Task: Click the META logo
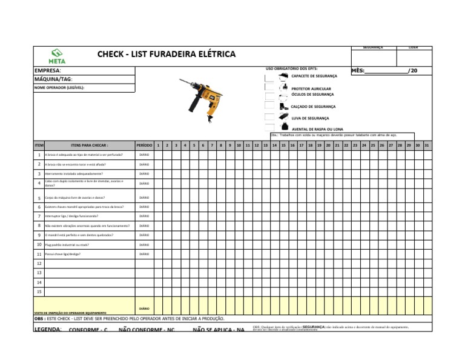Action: coord(58,56)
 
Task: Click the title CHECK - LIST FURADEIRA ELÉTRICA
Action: coord(167,54)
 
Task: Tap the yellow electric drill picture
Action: coord(202,99)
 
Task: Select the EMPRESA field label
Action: coord(48,71)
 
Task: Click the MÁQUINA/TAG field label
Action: coord(54,79)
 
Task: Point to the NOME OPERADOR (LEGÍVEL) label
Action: coord(59,87)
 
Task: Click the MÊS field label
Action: coord(358,71)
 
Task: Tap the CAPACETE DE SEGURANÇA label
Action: coord(314,76)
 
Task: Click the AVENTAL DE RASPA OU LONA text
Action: coord(317,129)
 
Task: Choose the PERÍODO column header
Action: coord(144,145)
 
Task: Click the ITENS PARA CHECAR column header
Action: coord(90,145)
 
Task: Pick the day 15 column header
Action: coord(283,145)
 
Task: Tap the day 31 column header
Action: coord(427,145)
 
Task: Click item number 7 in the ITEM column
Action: coord(39,216)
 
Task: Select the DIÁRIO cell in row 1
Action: coord(144,155)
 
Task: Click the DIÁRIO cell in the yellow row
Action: coord(144,308)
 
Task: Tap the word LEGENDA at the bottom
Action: coord(47,329)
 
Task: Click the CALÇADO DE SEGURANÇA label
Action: coord(313,106)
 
